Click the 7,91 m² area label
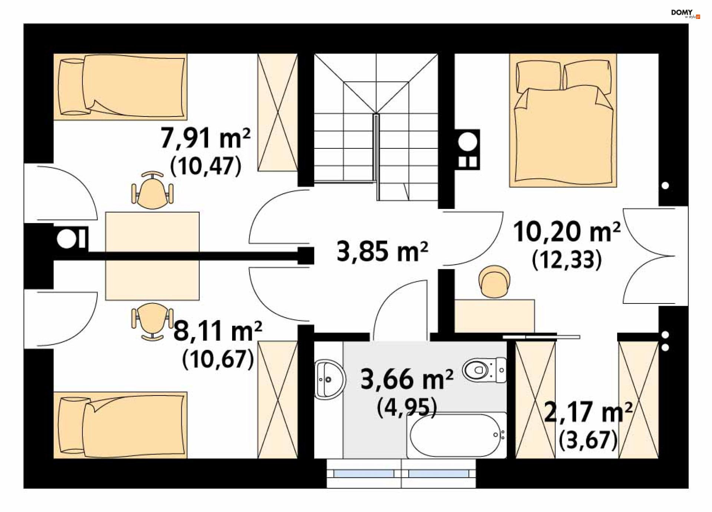click(205, 138)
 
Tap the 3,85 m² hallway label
click(382, 252)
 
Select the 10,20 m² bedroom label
click(567, 232)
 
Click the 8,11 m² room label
click(218, 331)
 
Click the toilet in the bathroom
click(485, 370)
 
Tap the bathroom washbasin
click(330, 379)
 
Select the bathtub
click(456, 435)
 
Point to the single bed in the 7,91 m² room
click(120, 87)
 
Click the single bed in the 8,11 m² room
click(120, 425)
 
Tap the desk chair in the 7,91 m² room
click(152, 190)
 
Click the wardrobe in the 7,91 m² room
click(278, 112)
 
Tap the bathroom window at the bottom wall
click(401, 474)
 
